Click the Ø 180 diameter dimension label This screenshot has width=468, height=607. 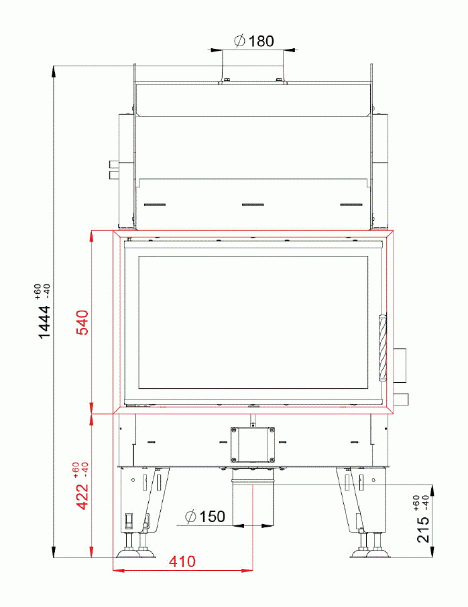254,41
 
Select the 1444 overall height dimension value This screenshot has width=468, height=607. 44,322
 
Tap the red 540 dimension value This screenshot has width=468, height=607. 82,323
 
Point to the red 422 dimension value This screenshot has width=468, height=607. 82,497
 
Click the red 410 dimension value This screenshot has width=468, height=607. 182,561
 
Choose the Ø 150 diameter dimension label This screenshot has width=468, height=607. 205,517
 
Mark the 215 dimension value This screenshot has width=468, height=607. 423,529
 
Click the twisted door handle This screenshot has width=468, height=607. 383,347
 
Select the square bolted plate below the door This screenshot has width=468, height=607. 253,445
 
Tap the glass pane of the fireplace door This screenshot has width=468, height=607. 253,322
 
